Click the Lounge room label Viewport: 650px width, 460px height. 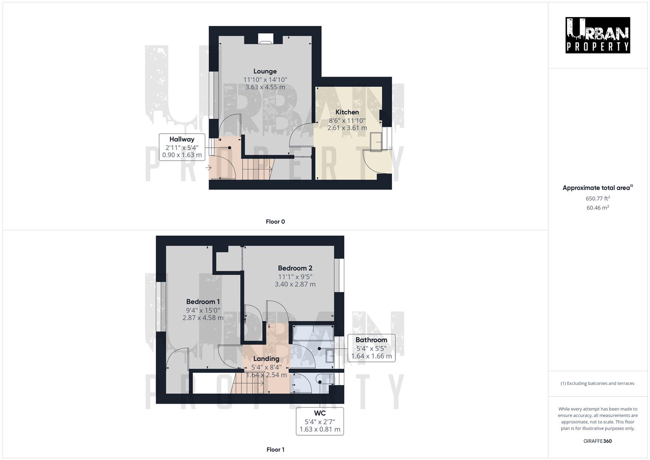coord(265,72)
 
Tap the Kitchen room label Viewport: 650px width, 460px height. coord(347,112)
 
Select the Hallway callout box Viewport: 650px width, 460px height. coord(182,147)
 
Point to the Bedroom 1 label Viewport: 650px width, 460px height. coord(203,302)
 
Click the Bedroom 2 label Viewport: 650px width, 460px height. coord(295,268)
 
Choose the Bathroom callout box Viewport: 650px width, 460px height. coord(371,348)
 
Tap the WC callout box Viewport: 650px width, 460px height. coord(320,421)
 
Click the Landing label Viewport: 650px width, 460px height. coord(266,359)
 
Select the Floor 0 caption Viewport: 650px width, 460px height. coord(275,221)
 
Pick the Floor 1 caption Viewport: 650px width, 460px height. coord(275,449)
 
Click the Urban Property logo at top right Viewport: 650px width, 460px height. coord(597,35)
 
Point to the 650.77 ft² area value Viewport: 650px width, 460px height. coord(598,198)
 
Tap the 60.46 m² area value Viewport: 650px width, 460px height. coord(598,208)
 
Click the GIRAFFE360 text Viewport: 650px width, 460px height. coord(597,441)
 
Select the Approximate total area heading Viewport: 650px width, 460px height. coord(597,188)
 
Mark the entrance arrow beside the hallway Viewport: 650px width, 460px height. coord(208,168)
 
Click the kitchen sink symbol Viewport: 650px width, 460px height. coord(376,142)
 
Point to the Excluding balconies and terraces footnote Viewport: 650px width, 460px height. coord(597,383)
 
